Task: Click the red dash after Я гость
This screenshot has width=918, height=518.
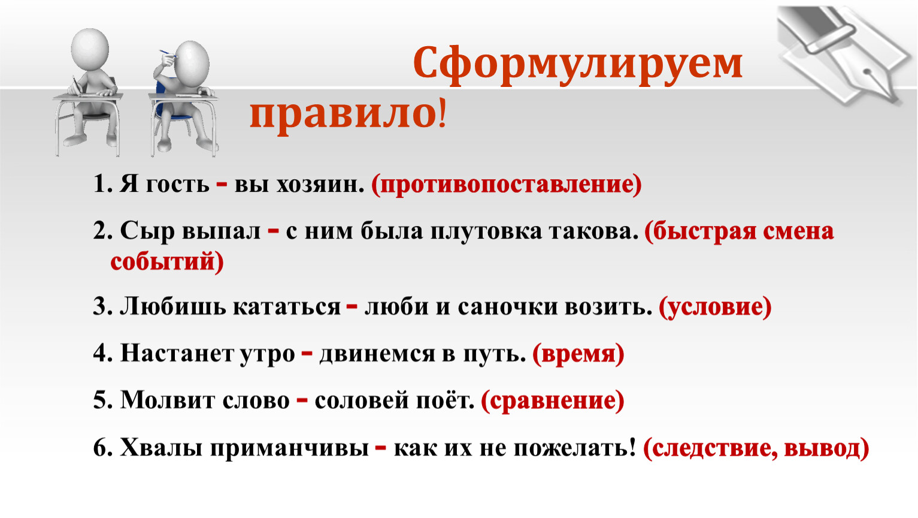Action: [222, 184]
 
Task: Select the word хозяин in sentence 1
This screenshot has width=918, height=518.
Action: [320, 184]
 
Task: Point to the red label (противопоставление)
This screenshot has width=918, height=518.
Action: [507, 184]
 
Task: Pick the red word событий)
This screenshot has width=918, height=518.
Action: [167, 261]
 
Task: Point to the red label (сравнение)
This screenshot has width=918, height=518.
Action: [553, 401]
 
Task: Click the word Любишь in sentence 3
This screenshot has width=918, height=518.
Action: [172, 307]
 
